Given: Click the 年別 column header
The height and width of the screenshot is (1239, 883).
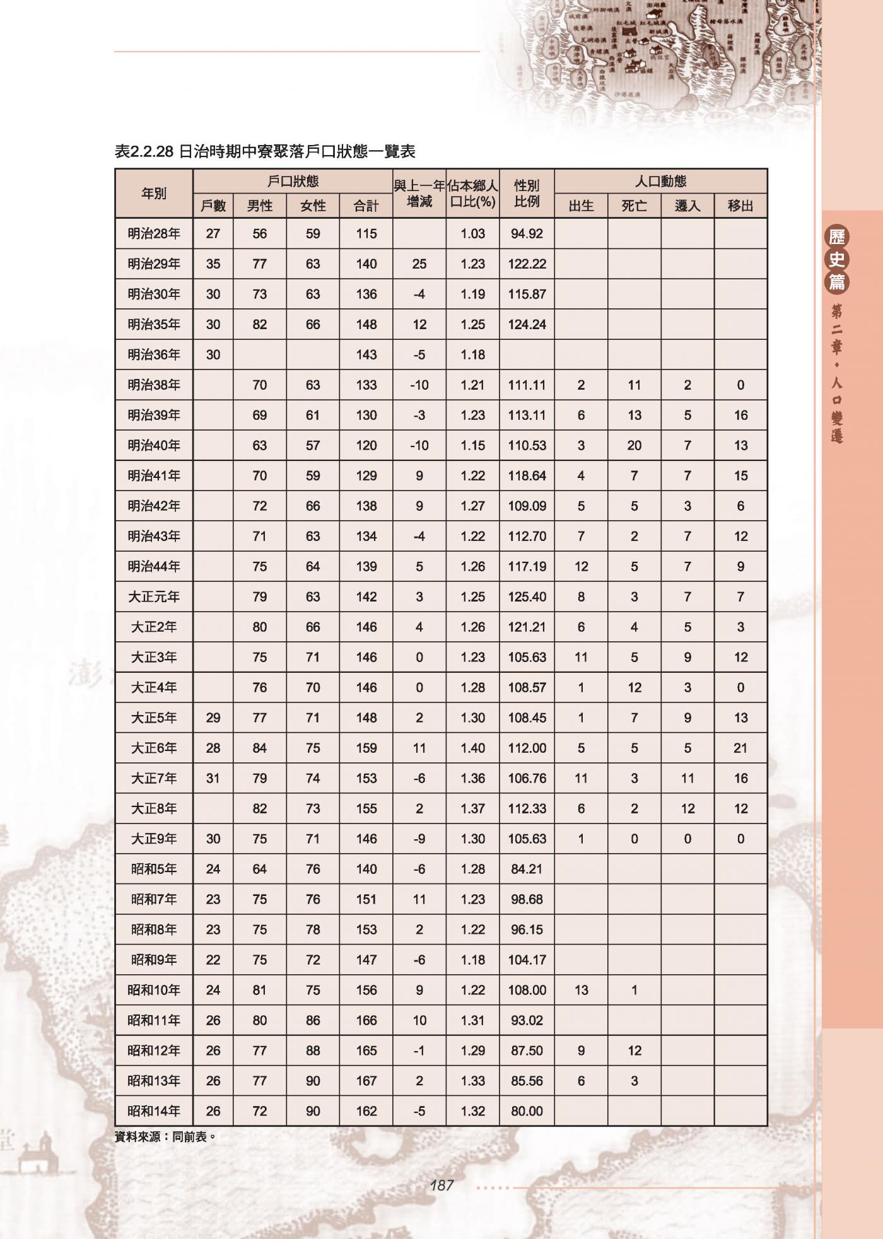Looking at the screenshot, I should (x=154, y=194).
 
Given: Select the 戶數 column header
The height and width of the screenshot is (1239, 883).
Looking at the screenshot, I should (x=213, y=206).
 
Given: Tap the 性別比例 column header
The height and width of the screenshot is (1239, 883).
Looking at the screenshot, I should (x=527, y=194).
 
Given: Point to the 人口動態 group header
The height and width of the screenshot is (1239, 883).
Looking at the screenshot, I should (x=660, y=182).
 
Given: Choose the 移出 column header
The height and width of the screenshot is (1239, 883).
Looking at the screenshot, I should (x=740, y=206).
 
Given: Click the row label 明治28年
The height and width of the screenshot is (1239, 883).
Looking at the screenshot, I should (x=154, y=234).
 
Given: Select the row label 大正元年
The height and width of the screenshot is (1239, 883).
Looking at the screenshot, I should (x=154, y=597).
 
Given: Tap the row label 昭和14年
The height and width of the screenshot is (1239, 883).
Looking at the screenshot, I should (x=154, y=1112).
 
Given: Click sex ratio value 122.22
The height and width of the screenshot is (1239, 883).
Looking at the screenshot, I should (x=527, y=264).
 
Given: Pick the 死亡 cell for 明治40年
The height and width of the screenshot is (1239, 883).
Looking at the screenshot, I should (x=634, y=446).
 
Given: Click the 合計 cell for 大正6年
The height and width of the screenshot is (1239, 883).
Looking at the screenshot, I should (x=366, y=748).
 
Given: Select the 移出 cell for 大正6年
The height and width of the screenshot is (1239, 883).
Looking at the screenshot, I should (x=740, y=748).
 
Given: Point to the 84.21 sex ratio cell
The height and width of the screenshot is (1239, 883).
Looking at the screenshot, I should (x=527, y=870).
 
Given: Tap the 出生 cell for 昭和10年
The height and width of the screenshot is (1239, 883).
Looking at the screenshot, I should (x=581, y=991).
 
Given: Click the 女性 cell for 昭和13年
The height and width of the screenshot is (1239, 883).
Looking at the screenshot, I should (x=313, y=1081).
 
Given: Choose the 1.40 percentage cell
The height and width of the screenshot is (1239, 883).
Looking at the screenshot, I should (x=472, y=748).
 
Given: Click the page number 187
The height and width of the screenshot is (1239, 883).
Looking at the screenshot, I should (x=441, y=1185).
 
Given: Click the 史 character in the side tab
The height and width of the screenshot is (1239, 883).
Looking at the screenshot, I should (x=836, y=259).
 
